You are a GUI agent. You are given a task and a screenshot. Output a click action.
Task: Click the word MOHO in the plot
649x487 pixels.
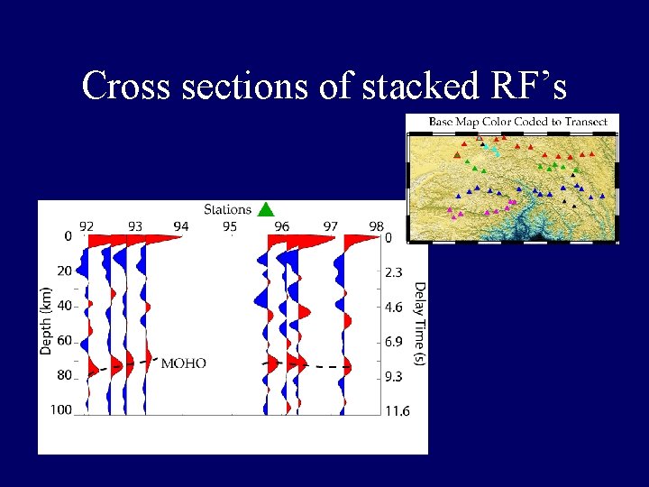point(183,363)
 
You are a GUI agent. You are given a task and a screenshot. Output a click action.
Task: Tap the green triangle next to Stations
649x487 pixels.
point(264,209)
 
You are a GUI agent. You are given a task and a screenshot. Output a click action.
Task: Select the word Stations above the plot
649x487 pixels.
point(227,209)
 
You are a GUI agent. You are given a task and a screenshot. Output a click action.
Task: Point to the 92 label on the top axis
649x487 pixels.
point(87,226)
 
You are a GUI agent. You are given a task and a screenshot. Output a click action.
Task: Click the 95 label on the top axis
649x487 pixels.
point(230,226)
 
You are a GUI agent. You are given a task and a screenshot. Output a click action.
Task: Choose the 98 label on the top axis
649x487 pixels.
point(376,226)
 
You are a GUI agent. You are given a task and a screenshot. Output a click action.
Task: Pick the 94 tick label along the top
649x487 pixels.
point(181,226)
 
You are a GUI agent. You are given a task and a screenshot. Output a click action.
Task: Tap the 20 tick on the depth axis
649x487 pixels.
point(64,271)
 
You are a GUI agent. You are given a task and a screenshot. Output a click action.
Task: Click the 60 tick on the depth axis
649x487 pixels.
point(64,341)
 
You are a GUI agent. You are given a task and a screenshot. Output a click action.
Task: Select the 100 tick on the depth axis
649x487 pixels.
point(61,410)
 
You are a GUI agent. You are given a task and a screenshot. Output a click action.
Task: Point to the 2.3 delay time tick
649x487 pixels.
point(395,272)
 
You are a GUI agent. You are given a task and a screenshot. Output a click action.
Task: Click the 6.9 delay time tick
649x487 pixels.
point(395,342)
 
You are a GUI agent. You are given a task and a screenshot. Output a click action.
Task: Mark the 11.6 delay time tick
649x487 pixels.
point(397,411)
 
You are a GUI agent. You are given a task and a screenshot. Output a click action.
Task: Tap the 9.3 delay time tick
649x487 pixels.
point(395,376)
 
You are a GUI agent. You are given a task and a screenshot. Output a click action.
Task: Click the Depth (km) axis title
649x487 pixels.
point(46,316)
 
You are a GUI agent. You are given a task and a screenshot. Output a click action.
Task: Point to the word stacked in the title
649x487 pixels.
point(402,86)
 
